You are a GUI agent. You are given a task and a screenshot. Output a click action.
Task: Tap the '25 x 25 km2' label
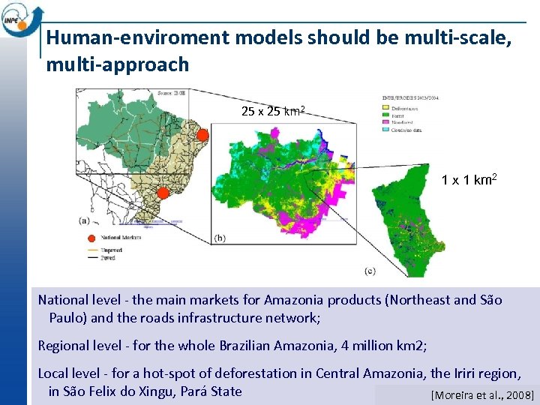coord(271,112)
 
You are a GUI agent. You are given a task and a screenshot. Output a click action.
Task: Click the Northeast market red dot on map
coord(202,135)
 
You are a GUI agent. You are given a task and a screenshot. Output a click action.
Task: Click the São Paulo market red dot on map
coord(162,193)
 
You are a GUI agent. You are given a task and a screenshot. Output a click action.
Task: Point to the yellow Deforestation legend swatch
coord(385,107)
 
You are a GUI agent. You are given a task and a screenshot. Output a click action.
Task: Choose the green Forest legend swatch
coord(385,115)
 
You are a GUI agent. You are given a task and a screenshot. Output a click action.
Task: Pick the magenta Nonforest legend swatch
coord(385,122)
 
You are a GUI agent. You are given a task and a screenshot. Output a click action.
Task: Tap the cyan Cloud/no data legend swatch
coord(385,130)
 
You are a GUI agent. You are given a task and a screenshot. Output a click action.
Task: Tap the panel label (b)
coord(220,238)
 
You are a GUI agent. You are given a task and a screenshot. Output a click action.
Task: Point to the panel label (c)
coord(370,270)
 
